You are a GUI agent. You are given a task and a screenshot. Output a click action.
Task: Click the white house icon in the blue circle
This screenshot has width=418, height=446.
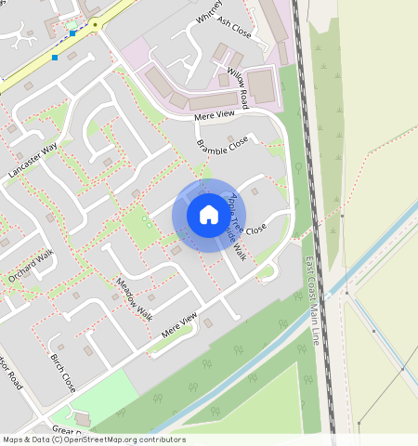pos(208,215)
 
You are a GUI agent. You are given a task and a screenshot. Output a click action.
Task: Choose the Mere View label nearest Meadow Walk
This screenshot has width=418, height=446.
pos(180,325)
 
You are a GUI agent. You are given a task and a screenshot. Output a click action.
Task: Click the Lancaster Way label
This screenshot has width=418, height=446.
pos(33,161)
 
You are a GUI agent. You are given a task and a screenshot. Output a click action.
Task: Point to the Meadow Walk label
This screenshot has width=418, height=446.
pos(134,297)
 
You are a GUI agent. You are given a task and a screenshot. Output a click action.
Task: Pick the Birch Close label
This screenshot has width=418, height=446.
pos(63,372)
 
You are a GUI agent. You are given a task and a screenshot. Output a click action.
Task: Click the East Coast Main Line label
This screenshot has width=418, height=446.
pos(312,302)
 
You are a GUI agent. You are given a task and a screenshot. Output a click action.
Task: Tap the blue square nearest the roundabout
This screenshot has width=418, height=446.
pos(72,33)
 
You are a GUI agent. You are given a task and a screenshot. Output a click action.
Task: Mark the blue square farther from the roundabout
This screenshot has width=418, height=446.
pos(54,58)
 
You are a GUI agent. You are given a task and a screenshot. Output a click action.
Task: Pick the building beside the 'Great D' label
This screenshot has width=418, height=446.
pos(82,417)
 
